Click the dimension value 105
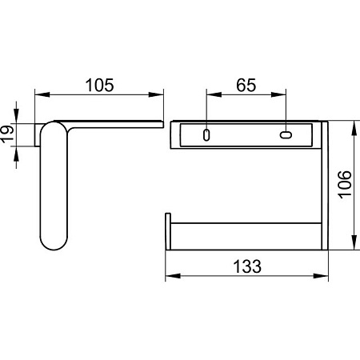point(99,85)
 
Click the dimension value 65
point(246,85)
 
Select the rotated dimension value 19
point(7,134)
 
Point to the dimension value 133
point(247,266)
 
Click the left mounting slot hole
point(206,135)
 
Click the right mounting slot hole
point(286,134)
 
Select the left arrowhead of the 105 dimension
point(42,94)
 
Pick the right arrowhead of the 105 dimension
point(156,94)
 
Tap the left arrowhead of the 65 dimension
point(214,94)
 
